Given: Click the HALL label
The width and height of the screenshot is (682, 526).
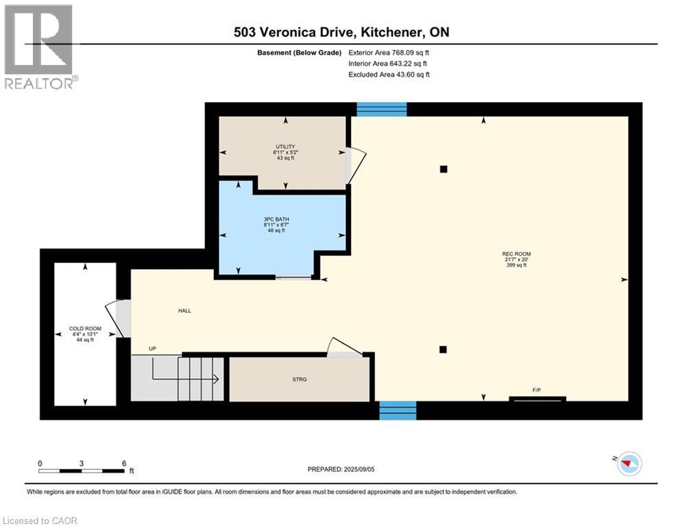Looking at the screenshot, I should [x=184, y=310].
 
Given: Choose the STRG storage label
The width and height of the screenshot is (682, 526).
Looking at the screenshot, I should [x=299, y=377].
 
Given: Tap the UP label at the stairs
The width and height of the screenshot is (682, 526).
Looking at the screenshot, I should [x=153, y=349].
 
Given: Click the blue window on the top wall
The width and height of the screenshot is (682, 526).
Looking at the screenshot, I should [x=382, y=110].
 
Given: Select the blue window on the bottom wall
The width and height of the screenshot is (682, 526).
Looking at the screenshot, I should [x=398, y=410].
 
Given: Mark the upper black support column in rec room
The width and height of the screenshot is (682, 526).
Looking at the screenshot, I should [x=443, y=169].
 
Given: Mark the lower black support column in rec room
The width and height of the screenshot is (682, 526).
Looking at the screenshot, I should [x=443, y=349].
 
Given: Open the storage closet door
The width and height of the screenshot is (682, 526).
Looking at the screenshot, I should [x=343, y=347].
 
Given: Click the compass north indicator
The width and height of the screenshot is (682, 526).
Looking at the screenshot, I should [x=628, y=464].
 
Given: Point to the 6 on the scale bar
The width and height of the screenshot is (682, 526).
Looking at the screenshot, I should [x=124, y=463].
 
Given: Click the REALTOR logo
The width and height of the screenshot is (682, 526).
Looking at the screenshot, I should [x=39, y=47].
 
